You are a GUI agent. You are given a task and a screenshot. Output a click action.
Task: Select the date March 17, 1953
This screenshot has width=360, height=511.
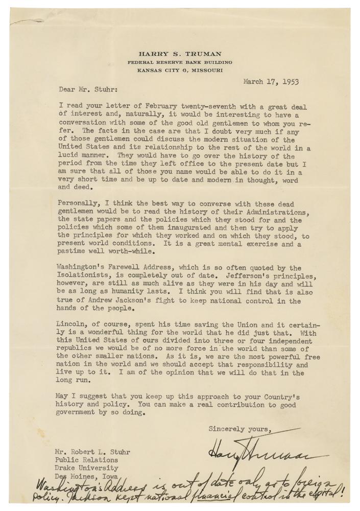coord(270,81)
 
